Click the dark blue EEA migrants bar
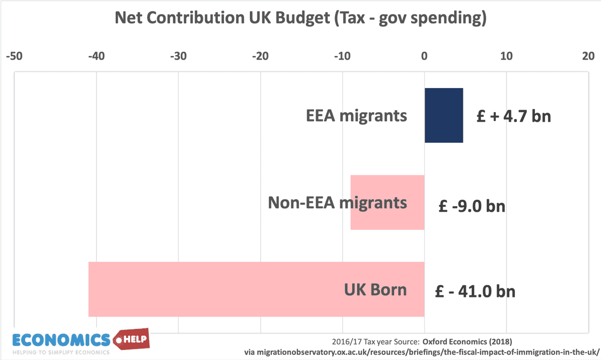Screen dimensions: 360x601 [x=444, y=115]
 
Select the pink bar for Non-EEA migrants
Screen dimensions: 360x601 [x=387, y=202]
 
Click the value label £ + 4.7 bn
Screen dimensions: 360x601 [x=513, y=117]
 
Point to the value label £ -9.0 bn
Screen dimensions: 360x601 [x=471, y=206]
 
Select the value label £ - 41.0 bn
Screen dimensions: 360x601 [x=475, y=291]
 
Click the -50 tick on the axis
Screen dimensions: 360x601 [x=14, y=56]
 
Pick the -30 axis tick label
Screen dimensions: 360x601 [x=178, y=56]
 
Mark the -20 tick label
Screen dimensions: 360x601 [x=260, y=56]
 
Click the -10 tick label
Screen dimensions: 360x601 [x=343, y=56]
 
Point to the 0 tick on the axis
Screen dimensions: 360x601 [x=424, y=56]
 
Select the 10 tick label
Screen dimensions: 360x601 [x=506, y=56]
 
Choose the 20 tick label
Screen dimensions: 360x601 [x=588, y=56]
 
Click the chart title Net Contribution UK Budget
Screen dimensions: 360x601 [x=300, y=19]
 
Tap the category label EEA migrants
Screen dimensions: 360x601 [x=357, y=116]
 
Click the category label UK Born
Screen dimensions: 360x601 [x=375, y=290]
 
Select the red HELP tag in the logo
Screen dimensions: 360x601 [x=133, y=340]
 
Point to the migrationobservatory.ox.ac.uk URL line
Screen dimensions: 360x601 [x=421, y=352]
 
